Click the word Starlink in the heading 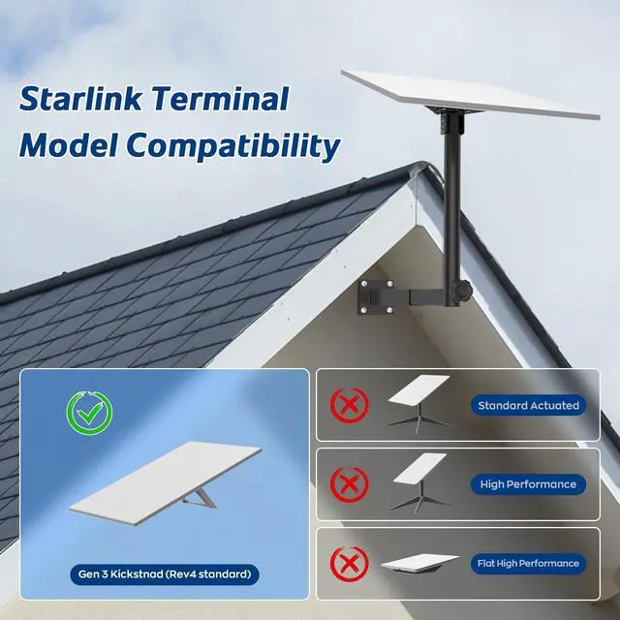80,99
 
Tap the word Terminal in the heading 220,99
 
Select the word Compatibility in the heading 233,144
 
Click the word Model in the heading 68,144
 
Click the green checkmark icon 89,413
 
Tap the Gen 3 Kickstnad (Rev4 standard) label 165,574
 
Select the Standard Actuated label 528,405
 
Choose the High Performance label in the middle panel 528,484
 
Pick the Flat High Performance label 528,564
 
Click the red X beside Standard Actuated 350,405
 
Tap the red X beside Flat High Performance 350,564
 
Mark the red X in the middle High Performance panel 350,484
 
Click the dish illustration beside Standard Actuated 419,403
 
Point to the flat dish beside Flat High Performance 419,563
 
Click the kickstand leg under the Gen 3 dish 200,498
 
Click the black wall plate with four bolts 376,296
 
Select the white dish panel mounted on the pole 471,94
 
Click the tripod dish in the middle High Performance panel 419,482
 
